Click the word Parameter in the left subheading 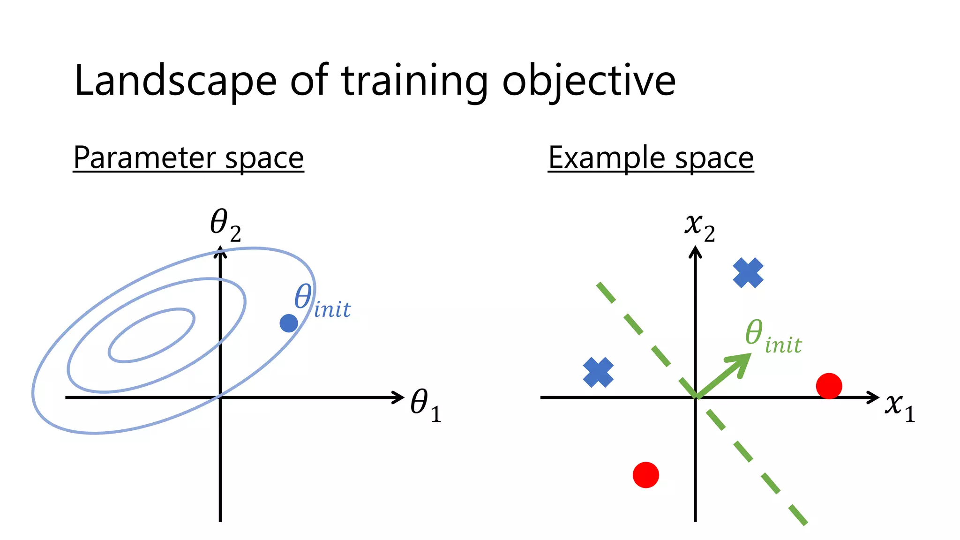pyautogui.click(x=144, y=157)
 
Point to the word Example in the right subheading pyautogui.click(x=607, y=157)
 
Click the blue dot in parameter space pyautogui.click(x=289, y=323)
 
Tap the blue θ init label pyautogui.click(x=322, y=302)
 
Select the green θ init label pyautogui.click(x=773, y=337)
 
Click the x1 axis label pyautogui.click(x=900, y=406)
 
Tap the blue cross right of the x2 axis pyautogui.click(x=748, y=273)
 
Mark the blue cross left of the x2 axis pyautogui.click(x=598, y=372)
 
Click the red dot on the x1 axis pyautogui.click(x=829, y=386)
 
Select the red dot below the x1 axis pyautogui.click(x=646, y=475)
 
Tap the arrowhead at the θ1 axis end pyautogui.click(x=399, y=397)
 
